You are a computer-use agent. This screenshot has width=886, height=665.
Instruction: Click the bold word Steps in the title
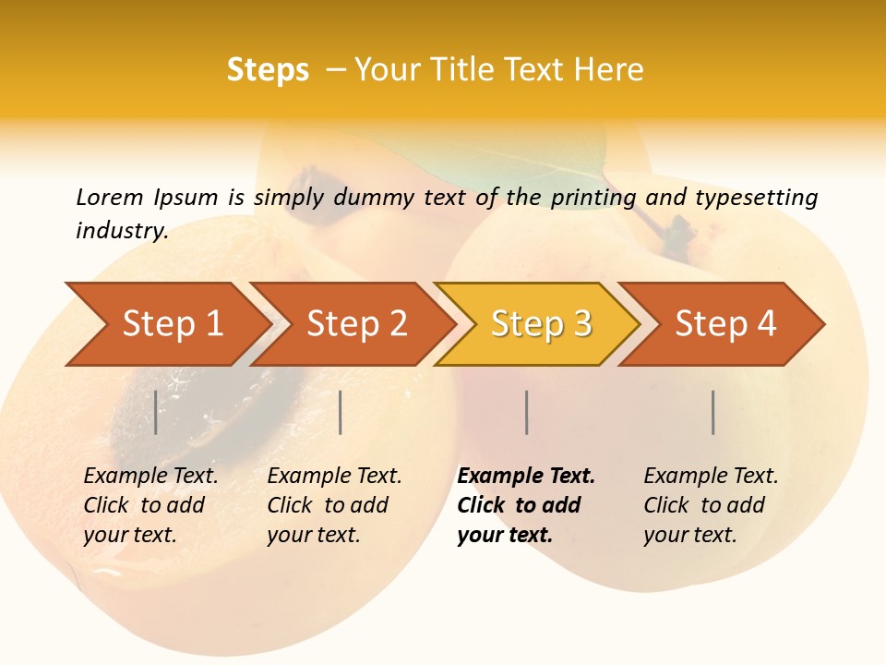point(268,70)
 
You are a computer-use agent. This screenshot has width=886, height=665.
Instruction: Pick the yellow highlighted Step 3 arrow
point(541,323)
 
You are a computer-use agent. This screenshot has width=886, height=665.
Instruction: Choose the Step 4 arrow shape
point(725,323)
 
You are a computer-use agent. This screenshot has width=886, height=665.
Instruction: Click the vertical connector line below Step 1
point(156,412)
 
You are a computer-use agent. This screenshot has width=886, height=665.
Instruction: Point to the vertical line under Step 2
point(341,412)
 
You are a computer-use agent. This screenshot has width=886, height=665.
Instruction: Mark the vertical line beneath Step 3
point(527,412)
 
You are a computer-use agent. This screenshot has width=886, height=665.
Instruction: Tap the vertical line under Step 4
point(713,412)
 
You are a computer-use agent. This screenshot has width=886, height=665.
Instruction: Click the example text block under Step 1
point(150,505)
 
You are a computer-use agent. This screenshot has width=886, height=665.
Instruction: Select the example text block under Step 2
point(334,505)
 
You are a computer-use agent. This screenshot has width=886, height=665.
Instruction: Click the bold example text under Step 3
point(526,505)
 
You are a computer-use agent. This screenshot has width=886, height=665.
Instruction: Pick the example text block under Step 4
point(711,505)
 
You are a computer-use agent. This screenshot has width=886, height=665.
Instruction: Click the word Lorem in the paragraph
point(110,197)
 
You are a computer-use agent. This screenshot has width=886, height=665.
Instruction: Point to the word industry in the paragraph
point(122,231)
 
